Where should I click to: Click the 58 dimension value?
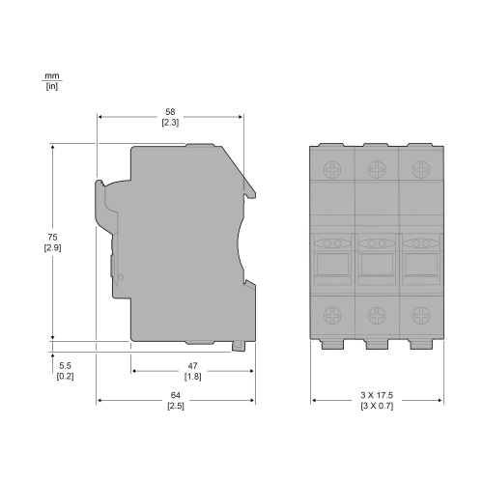pos(170,112)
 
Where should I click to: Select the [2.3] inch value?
pos(170,123)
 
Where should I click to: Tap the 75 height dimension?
pos(52,238)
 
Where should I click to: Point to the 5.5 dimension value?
pos(65,366)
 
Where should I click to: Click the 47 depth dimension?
pos(192,366)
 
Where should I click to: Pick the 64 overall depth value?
pos(176,395)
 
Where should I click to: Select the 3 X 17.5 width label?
pos(377,395)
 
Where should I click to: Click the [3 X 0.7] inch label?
pos(377,406)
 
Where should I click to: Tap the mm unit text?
pos(52,76)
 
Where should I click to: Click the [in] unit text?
pos(52,86)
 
